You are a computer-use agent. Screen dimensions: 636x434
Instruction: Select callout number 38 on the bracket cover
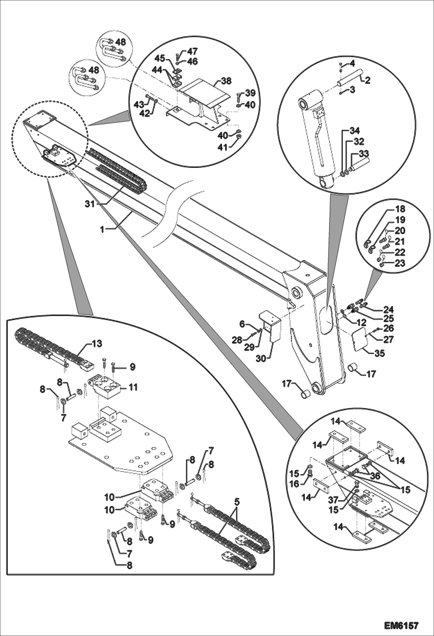click(x=226, y=81)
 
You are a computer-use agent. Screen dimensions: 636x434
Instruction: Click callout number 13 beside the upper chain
click(x=97, y=344)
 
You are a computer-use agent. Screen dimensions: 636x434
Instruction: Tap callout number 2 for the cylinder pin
click(x=367, y=80)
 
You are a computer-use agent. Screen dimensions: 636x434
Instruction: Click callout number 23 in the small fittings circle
click(x=400, y=263)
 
